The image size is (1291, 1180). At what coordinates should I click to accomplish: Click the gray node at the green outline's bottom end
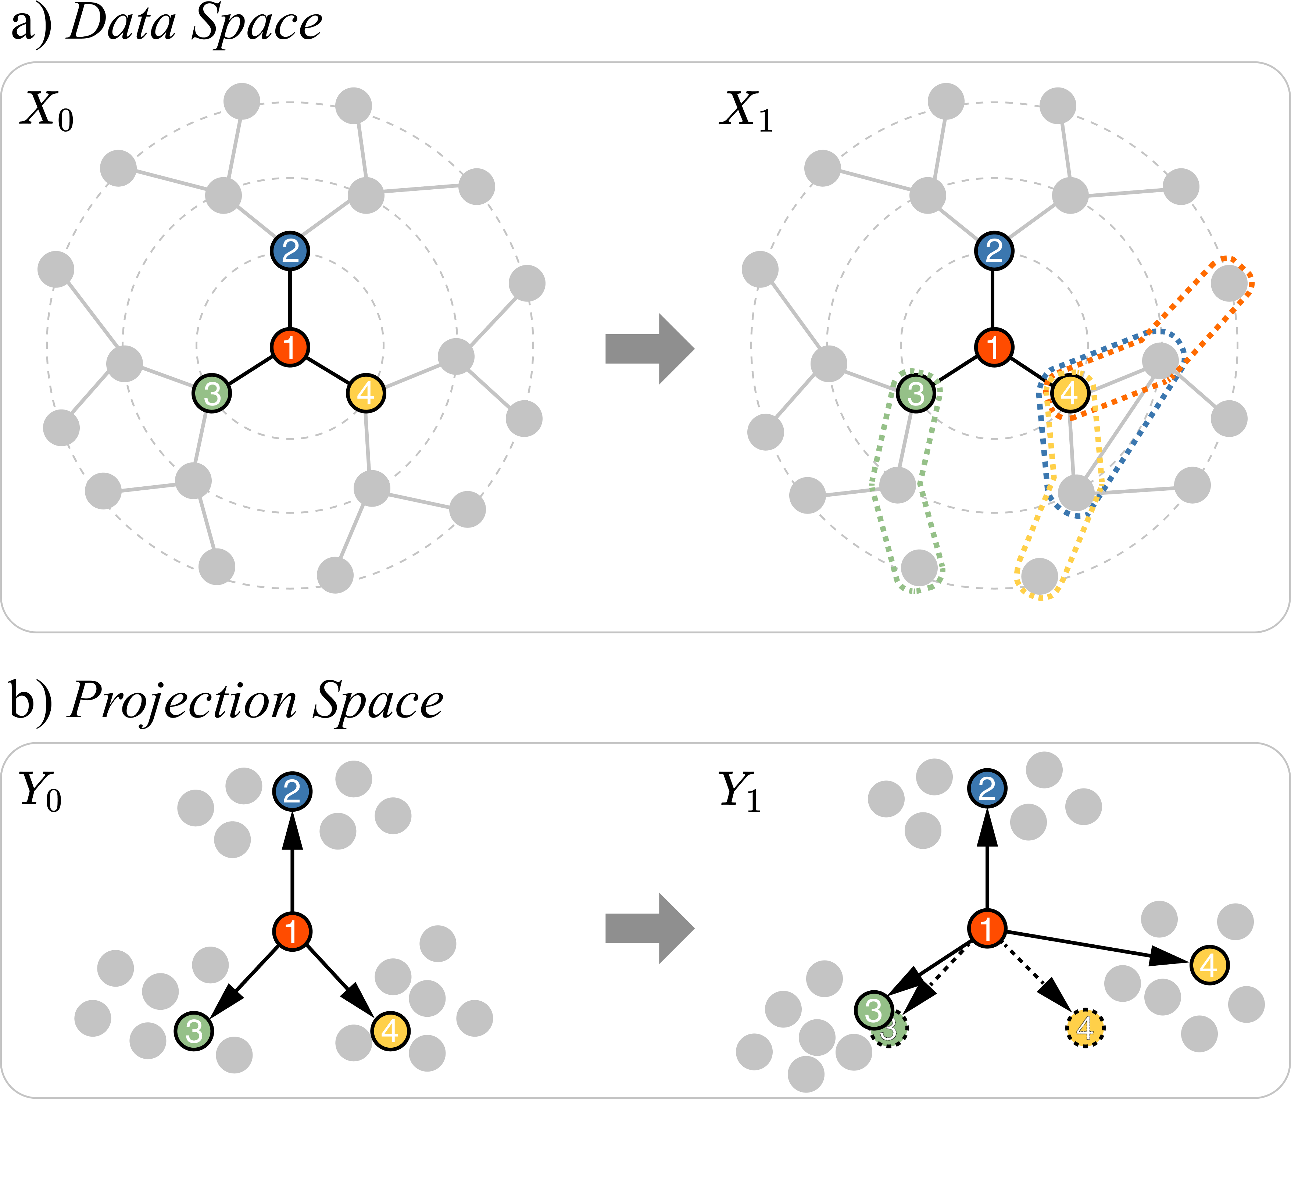[919, 568]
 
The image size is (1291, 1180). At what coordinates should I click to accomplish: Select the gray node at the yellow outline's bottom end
[1039, 576]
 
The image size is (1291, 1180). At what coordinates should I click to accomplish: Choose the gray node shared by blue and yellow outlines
[1076, 492]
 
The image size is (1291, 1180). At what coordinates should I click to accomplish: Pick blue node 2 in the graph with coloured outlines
[994, 250]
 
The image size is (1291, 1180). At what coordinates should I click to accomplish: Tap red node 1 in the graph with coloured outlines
[994, 347]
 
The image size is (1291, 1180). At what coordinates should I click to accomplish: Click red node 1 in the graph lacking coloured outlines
[289, 347]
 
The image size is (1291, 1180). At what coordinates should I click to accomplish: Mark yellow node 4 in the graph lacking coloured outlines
[366, 393]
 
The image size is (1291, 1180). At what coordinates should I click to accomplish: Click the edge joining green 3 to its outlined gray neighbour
[907, 440]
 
